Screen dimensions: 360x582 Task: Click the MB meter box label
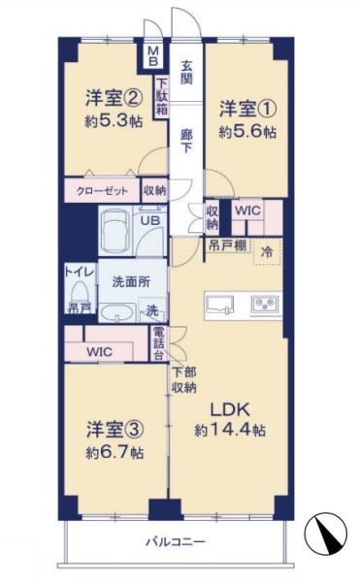point(153,55)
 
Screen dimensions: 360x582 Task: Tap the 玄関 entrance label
point(186,72)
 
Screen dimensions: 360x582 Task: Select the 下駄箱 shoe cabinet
point(161,97)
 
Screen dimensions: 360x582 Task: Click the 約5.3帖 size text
point(114,120)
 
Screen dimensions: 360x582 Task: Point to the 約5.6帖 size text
point(247,132)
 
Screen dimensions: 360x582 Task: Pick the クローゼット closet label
point(102,191)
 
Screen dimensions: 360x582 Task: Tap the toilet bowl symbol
point(80,291)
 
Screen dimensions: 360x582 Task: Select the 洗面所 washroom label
point(131,282)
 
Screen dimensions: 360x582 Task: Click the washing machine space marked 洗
point(152,310)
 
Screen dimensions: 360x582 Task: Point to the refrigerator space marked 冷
point(267,252)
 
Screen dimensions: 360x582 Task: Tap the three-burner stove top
point(265,305)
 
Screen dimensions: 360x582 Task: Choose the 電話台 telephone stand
point(159,343)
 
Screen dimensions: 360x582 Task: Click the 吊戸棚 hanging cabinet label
point(227,245)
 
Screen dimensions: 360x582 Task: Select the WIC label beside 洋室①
point(247,210)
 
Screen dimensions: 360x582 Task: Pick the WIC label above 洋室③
point(100,351)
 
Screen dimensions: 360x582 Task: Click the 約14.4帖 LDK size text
point(230,430)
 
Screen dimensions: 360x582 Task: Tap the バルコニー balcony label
point(176,541)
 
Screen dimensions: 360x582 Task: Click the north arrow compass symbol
point(325,533)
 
